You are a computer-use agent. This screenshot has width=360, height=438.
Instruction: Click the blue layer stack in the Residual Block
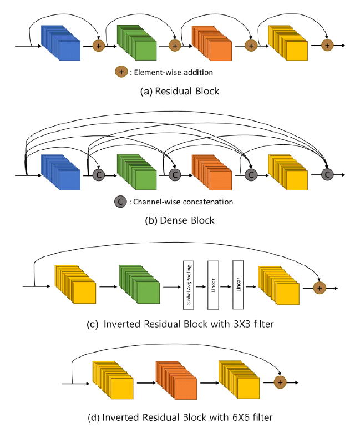(62, 44)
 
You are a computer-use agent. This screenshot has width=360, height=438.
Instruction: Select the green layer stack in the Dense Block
(136, 173)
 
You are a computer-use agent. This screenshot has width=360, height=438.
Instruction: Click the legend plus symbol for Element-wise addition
(120, 72)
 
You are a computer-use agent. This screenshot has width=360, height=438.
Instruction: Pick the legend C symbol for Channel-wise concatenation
(120, 201)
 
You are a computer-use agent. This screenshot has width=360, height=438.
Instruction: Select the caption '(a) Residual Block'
(179, 91)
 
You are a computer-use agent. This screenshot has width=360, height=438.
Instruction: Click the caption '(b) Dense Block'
(179, 220)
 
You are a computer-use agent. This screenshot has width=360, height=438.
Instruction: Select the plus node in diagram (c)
(319, 287)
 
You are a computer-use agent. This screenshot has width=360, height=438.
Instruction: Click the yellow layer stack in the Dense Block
(288, 173)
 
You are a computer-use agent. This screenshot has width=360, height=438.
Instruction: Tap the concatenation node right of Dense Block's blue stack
(99, 174)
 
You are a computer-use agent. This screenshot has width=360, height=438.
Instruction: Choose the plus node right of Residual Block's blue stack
(99, 44)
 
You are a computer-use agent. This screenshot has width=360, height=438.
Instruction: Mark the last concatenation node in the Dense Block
(327, 174)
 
